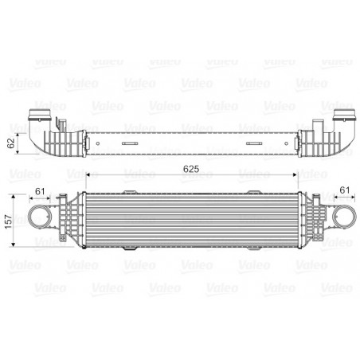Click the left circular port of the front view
(x=38, y=217)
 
